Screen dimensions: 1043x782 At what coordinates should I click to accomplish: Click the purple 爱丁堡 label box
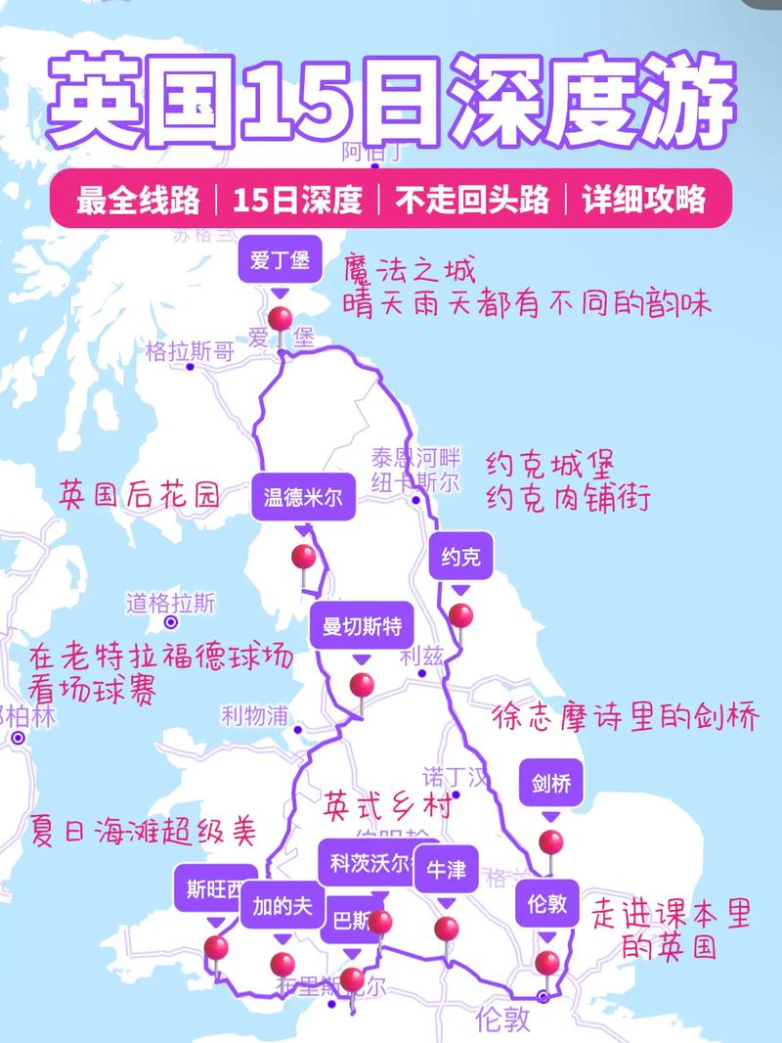point(280,260)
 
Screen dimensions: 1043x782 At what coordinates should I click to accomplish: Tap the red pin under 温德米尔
point(304,558)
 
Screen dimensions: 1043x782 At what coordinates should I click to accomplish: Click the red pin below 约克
point(460,616)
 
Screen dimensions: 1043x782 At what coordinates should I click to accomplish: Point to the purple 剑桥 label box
point(550,783)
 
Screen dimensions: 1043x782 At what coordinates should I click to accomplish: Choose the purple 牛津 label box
point(446,870)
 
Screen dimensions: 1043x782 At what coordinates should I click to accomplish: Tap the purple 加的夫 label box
point(282,906)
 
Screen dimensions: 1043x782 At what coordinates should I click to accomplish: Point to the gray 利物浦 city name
point(254,716)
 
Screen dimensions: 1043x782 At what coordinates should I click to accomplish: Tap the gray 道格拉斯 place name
point(170,603)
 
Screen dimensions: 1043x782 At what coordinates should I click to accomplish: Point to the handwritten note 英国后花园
point(140,493)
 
